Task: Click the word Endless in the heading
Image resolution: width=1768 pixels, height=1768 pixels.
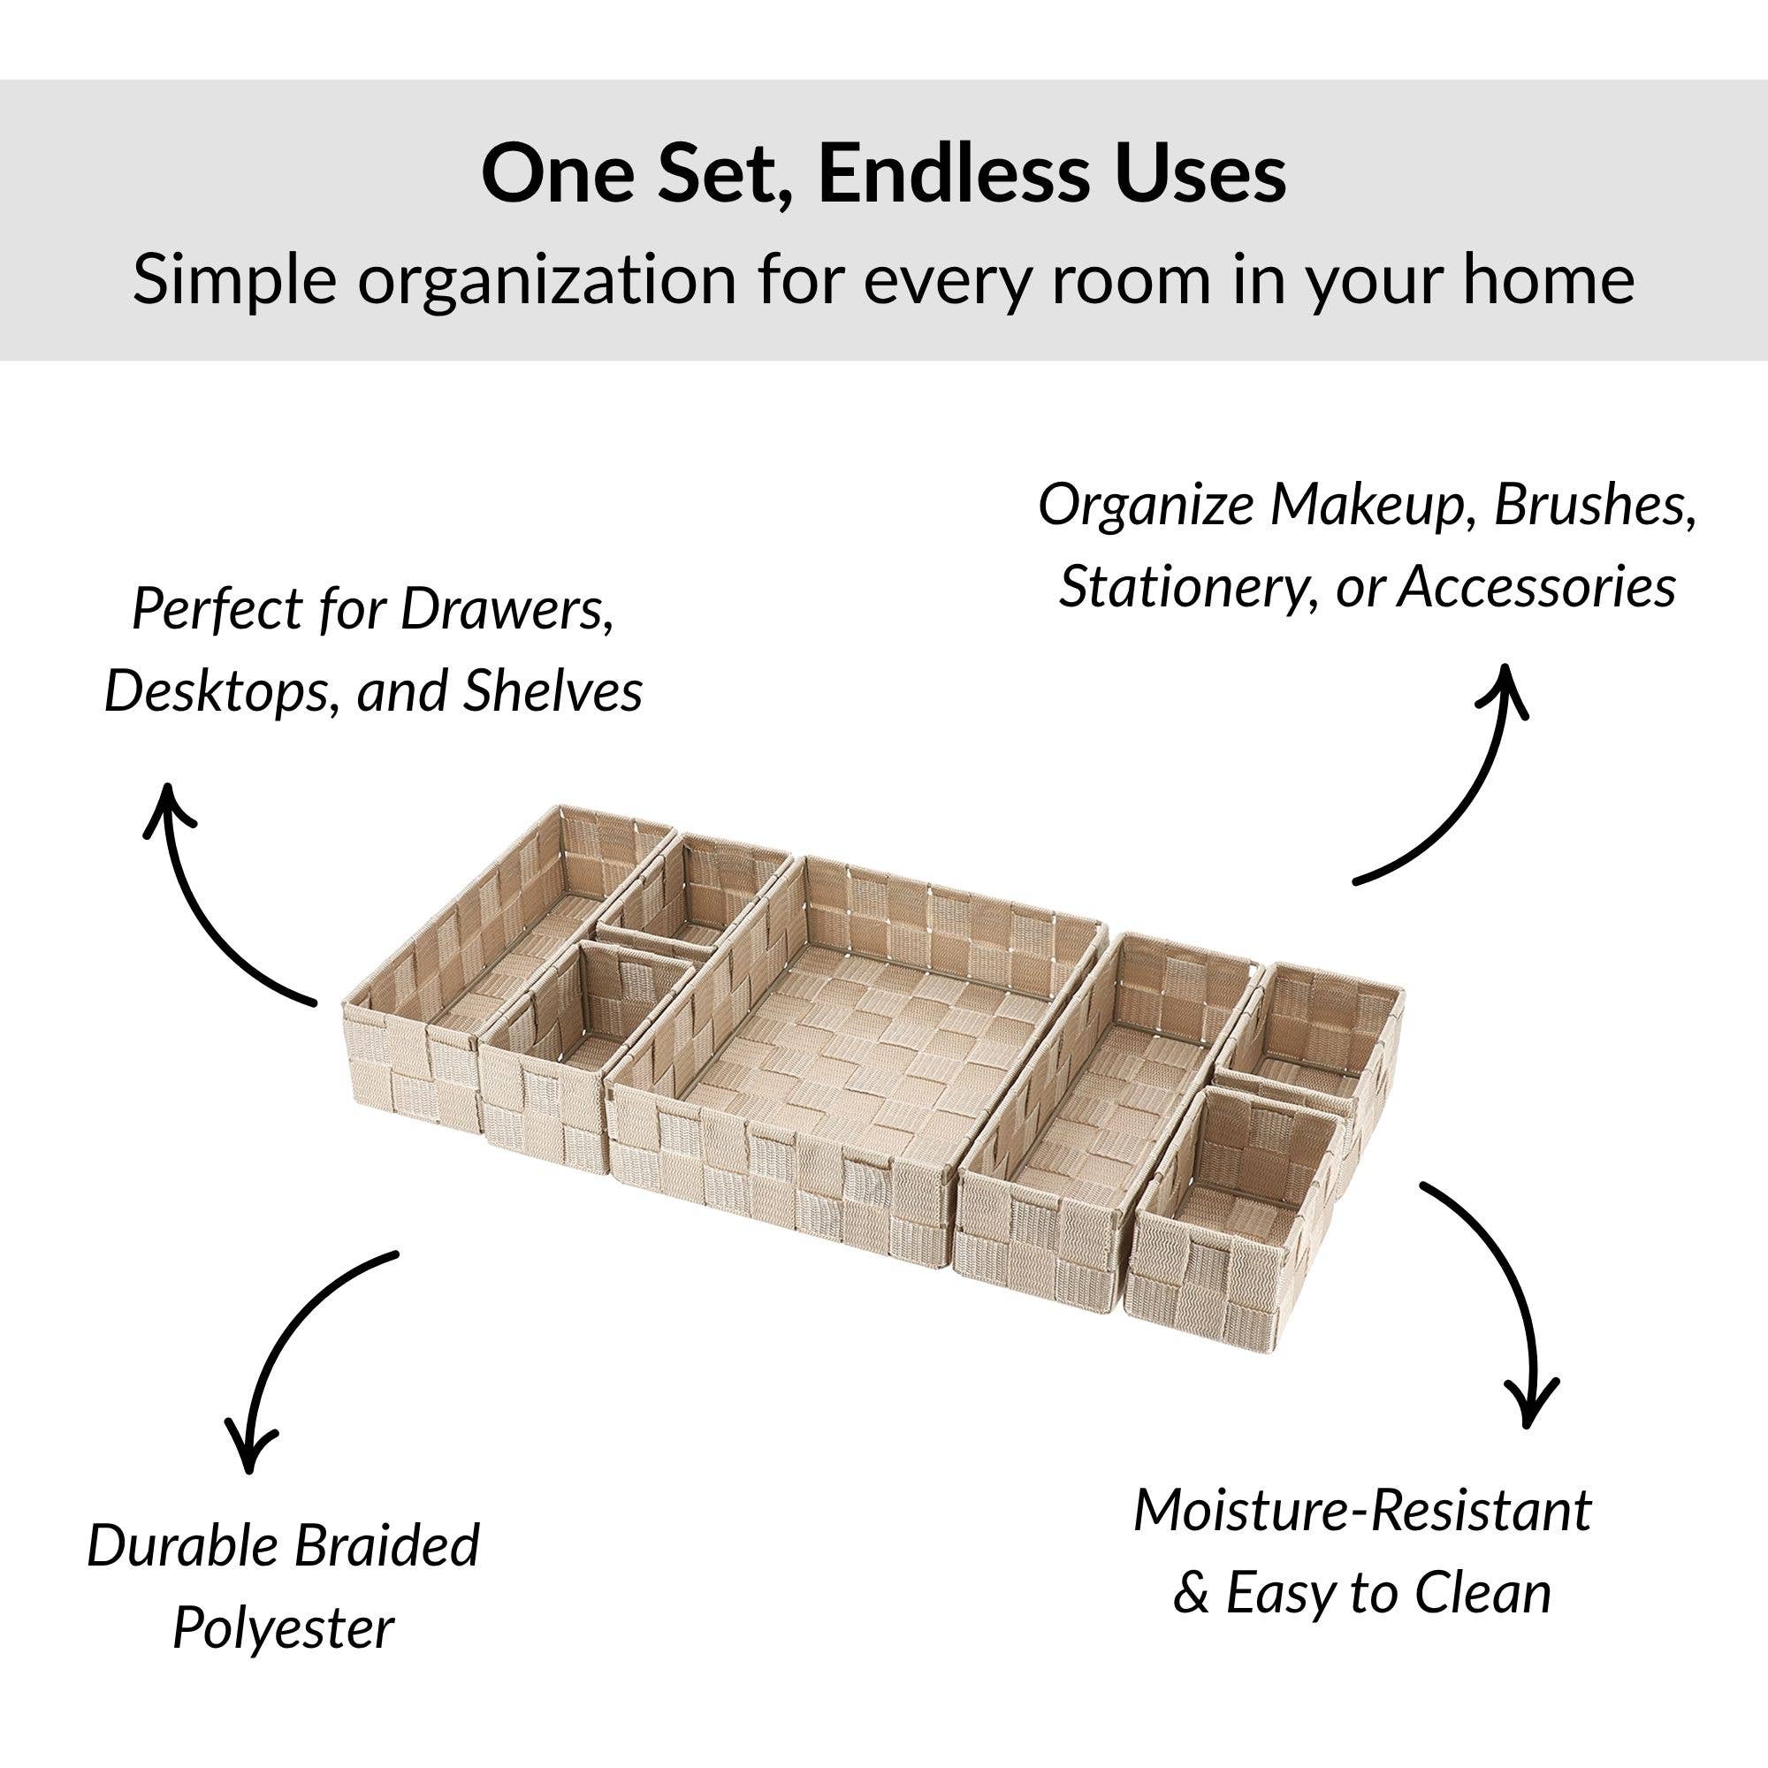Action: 952,175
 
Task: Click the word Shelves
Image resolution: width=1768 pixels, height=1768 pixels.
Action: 552,691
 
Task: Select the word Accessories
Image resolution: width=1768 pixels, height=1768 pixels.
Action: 1536,587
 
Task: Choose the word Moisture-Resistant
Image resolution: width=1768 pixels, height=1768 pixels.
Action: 1362,1511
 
